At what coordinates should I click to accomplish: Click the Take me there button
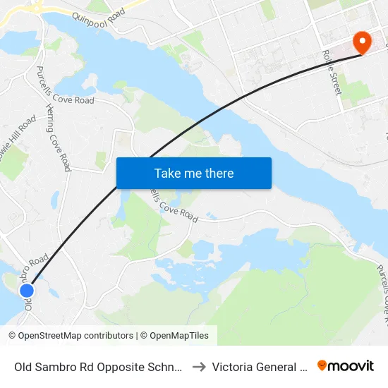(x=194, y=173)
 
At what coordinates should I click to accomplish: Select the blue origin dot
(x=27, y=290)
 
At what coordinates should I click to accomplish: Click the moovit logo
(x=346, y=366)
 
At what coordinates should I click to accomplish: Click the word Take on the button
(x=167, y=174)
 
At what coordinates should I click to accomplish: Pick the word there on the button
(x=218, y=174)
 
